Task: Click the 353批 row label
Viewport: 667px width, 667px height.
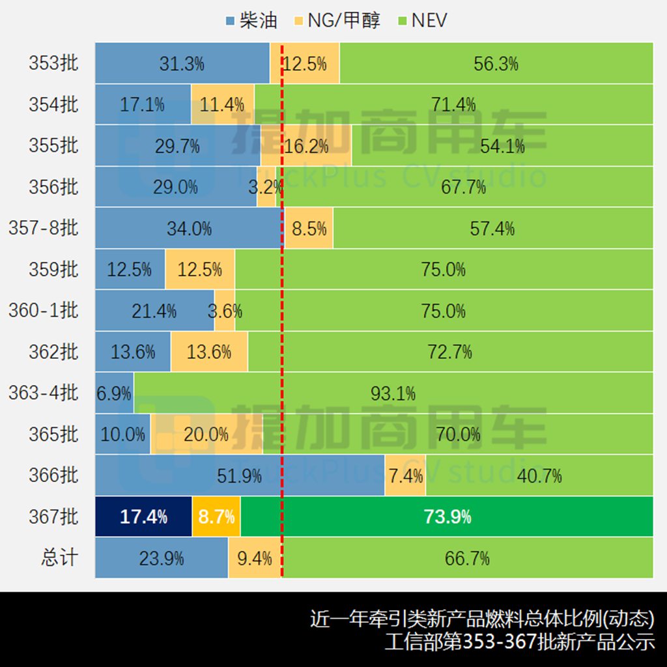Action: coord(53,63)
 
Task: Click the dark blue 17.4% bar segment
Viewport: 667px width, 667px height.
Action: coord(143,517)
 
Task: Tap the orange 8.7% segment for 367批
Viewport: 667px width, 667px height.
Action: coord(216,517)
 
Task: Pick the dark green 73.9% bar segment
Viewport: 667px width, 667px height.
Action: coord(447,517)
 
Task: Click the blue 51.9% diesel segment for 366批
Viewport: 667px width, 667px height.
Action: coord(240,476)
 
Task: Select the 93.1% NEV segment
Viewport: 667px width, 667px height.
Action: coord(393,393)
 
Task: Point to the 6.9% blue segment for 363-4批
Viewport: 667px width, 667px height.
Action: coord(114,393)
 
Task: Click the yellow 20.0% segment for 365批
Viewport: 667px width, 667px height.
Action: coord(206,434)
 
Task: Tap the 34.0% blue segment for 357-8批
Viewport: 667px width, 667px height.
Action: coord(189,229)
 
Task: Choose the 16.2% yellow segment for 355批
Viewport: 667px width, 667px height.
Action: coord(306,146)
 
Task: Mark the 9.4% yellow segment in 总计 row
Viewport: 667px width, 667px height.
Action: coord(255,558)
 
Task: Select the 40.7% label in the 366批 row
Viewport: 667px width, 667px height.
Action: coord(539,476)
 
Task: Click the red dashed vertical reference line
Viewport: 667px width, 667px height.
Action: coord(282,326)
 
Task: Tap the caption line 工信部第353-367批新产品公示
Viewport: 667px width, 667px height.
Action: coord(519,642)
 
